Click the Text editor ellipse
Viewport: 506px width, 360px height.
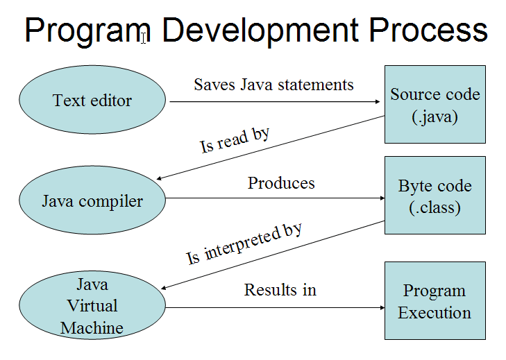pos(92,100)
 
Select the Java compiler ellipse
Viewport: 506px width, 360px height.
pos(92,200)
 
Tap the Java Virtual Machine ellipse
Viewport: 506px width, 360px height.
pos(92,305)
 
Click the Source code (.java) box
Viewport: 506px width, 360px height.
pos(435,105)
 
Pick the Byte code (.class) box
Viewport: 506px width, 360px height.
pos(435,196)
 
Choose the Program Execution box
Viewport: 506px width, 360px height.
pos(435,300)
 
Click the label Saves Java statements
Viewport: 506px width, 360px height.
pos(273,85)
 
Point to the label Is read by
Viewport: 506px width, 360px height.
pos(235,140)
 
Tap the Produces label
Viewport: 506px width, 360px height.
pos(281,183)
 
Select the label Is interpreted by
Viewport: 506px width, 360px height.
pos(244,244)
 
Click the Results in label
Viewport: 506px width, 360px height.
pos(280,290)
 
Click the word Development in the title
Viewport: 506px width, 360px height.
pos(260,30)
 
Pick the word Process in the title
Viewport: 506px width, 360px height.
pos(428,30)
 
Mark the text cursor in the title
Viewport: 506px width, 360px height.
pos(144,37)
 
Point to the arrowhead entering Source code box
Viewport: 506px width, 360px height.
pos(378,101)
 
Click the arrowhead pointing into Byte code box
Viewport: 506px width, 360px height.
pos(382,198)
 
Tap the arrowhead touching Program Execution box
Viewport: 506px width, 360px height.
pos(382,308)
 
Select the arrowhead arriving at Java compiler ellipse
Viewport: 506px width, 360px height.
pos(159,178)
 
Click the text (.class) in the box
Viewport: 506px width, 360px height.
pos(435,207)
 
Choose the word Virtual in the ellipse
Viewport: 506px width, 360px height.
pos(92,305)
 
